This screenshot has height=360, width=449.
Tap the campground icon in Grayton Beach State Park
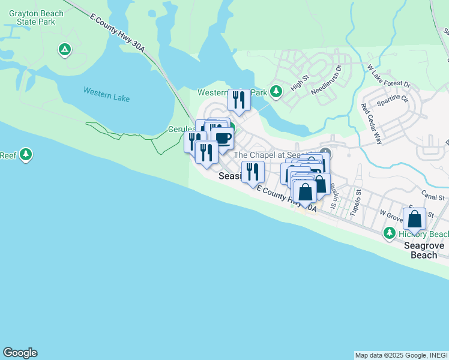coord(65,49)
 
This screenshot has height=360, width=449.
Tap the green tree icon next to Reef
coord(25,155)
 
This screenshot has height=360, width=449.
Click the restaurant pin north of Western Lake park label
coord(239,100)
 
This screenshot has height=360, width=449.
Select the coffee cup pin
coord(222,137)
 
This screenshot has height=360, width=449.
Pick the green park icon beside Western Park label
coord(276,92)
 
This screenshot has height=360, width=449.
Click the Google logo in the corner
coord(20,353)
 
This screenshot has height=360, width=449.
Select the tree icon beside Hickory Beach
coord(390,233)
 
